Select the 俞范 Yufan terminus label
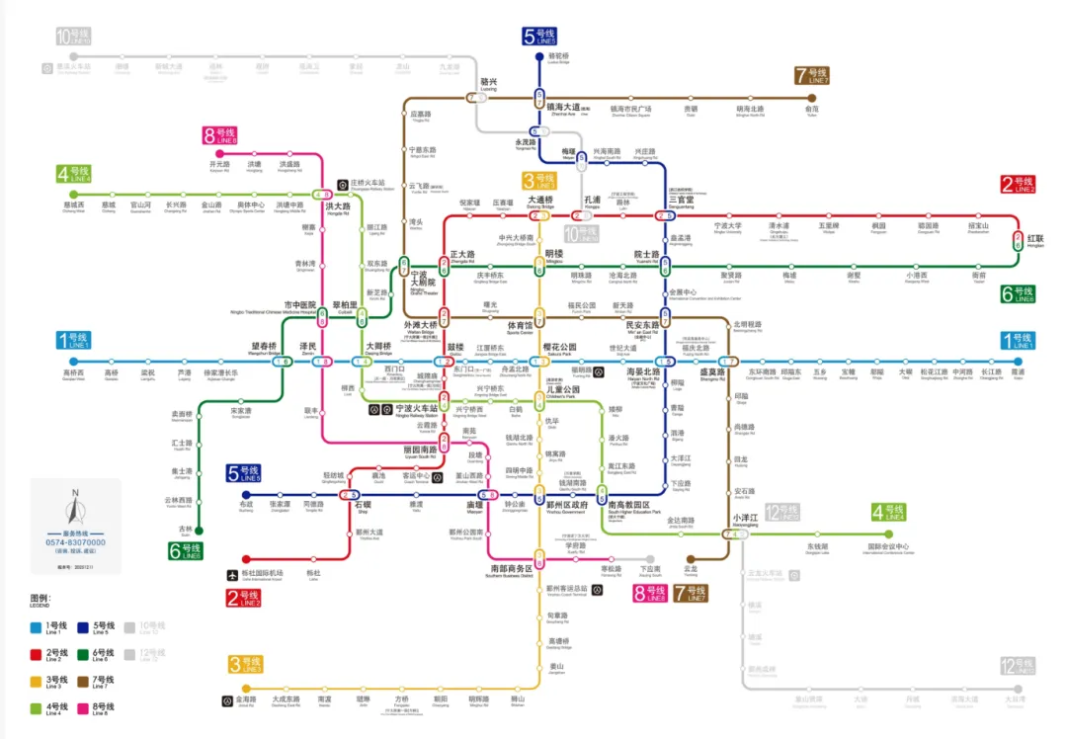[x=811, y=110]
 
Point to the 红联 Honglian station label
[x=1035, y=240]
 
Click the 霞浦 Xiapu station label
[x=1018, y=373]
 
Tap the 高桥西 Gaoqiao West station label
[x=73, y=374]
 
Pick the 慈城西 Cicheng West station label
[x=74, y=206]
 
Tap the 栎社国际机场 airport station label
[x=262, y=574]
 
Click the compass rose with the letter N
[x=74, y=508]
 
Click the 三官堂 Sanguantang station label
[x=681, y=200]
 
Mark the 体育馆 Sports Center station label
[x=520, y=325]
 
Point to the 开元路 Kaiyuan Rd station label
[x=219, y=165]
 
